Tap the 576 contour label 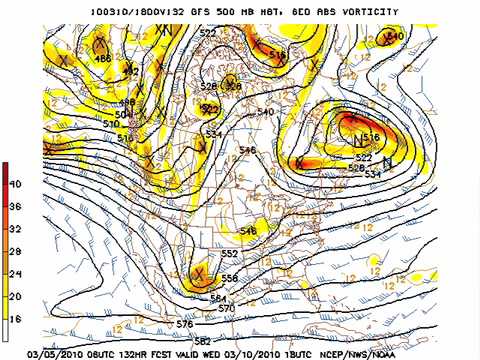point(184,325)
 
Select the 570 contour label point(227,309)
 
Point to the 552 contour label point(229,254)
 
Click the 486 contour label point(102,59)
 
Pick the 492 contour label point(131,72)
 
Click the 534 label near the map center point(213,134)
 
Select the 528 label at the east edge point(356,168)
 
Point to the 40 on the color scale point(15,185)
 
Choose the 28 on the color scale point(15,251)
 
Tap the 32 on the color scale point(15,229)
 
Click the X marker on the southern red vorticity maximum point(201,272)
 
